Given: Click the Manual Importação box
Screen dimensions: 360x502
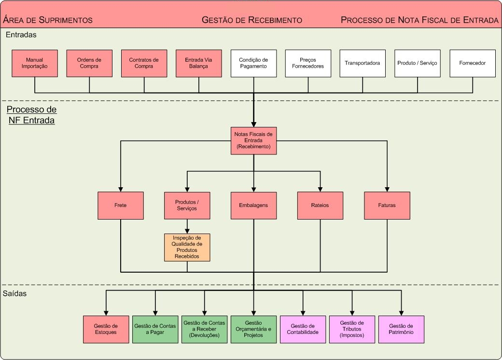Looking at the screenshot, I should [35, 63].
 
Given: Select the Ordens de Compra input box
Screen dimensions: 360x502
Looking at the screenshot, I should [89, 63].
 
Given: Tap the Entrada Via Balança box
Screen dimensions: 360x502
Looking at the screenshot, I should [199, 63].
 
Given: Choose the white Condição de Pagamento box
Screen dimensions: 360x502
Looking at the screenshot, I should [253, 63].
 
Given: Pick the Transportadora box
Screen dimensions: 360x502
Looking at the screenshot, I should [363, 63].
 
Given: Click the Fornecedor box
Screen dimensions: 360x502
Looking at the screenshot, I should [473, 63].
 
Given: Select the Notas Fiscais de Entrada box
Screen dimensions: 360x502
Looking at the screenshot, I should [253, 140].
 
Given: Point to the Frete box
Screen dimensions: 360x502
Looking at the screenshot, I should [121, 205].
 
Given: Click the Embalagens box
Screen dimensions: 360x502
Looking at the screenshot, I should [253, 205].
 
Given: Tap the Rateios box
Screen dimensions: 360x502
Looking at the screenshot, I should [320, 205].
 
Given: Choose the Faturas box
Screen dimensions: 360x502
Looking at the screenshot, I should [387, 205].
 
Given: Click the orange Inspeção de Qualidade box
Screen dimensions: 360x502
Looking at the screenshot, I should [187, 247].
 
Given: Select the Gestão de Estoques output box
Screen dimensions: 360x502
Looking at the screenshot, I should [106, 329].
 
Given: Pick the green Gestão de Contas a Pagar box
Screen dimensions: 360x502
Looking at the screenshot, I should [155, 329].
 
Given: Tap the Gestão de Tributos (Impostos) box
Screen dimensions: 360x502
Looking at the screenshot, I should [352, 329].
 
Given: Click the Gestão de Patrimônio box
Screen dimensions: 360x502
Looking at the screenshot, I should [401, 329].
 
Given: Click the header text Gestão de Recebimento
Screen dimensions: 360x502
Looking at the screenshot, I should [251, 20].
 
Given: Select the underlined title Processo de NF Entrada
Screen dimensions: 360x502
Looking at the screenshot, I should [32, 115].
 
